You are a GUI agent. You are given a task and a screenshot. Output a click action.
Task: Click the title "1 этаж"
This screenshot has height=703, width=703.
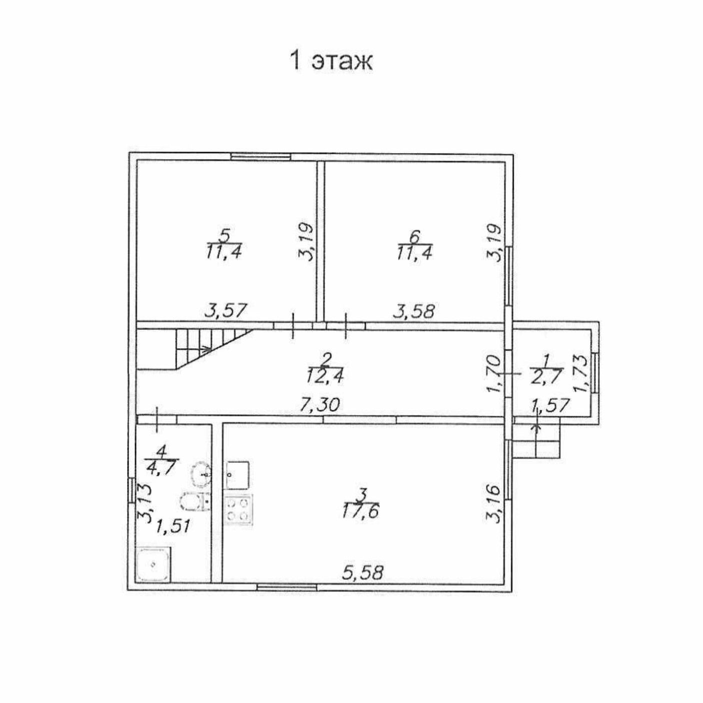click(331, 61)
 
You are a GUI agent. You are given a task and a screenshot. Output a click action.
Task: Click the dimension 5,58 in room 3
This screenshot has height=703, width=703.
click(363, 572)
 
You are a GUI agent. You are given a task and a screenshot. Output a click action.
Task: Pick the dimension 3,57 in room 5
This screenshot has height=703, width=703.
click(226, 310)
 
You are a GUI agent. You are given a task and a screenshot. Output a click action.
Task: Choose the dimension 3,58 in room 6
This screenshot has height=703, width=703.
click(414, 311)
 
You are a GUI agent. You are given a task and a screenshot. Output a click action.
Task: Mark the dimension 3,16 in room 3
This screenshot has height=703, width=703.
click(494, 503)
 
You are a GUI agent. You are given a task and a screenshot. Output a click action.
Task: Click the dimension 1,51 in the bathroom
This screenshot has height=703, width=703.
click(172, 526)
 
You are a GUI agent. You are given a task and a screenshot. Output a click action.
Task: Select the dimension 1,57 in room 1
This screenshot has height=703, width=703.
click(550, 405)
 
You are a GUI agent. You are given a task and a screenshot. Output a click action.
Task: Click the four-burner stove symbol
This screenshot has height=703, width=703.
click(238, 509)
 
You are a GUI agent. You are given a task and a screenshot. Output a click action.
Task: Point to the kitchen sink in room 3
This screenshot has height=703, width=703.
click(238, 474)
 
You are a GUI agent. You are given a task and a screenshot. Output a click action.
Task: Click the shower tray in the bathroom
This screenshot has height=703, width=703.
click(153, 564)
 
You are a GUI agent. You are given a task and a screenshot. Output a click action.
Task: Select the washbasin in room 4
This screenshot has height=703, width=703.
click(201, 473)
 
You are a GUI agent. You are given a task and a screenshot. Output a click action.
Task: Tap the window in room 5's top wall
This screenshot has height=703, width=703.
click(261, 157)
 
